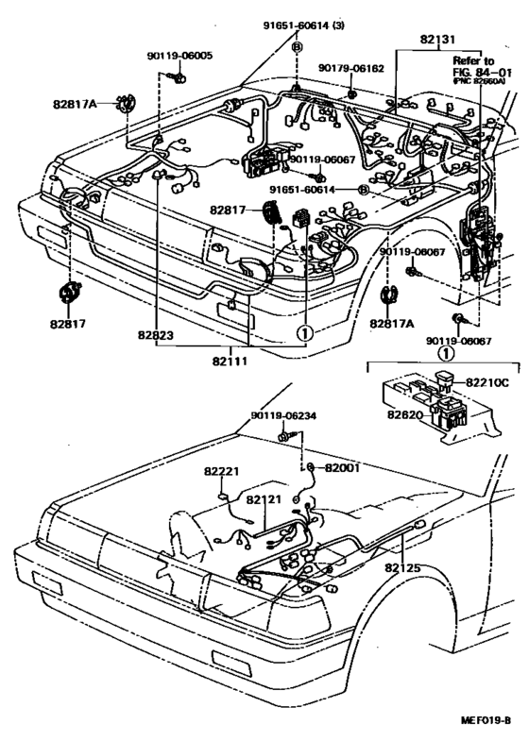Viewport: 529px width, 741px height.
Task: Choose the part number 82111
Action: coord(232,361)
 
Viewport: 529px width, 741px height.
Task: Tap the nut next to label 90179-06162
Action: coord(351,93)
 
